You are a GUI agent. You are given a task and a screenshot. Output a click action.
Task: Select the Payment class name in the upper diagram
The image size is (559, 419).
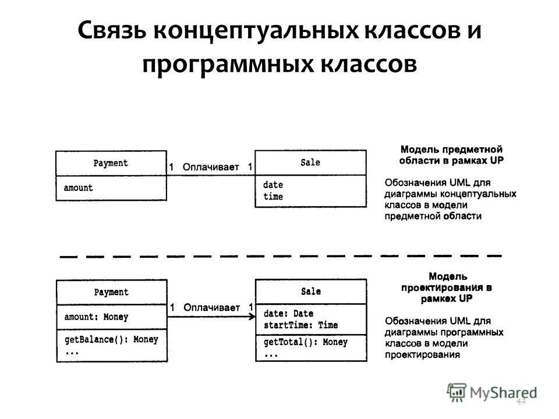(x=111, y=163)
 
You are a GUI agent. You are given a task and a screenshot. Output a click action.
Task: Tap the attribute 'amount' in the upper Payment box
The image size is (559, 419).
(x=78, y=187)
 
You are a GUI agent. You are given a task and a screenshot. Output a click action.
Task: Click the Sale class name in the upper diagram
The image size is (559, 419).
(x=310, y=162)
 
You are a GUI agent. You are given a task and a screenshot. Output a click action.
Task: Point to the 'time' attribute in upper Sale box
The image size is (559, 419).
(x=273, y=197)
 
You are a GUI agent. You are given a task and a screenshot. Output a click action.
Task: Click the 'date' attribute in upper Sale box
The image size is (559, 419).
(x=273, y=184)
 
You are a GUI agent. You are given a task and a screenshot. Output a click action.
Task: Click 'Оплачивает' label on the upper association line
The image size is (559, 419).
(x=211, y=167)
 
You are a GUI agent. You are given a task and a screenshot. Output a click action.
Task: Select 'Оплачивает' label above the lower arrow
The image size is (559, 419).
(x=211, y=307)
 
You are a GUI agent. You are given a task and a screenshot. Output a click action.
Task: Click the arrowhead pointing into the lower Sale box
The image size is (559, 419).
(x=251, y=316)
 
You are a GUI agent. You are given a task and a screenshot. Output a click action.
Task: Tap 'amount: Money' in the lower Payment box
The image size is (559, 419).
(x=95, y=317)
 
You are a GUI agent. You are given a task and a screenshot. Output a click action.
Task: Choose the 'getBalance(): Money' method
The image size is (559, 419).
(x=111, y=339)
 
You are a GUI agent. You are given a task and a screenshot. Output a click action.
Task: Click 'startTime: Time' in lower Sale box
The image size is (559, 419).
(x=300, y=325)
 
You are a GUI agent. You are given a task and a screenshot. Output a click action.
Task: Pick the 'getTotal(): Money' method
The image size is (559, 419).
(x=305, y=342)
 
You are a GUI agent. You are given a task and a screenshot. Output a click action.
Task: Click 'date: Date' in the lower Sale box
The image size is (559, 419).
(x=288, y=314)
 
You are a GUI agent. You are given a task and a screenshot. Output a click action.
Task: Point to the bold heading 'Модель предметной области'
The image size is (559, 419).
(x=451, y=154)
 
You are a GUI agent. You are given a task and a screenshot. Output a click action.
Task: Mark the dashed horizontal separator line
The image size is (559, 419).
(x=280, y=255)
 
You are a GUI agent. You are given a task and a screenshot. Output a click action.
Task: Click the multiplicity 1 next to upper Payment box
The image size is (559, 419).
(x=172, y=167)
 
